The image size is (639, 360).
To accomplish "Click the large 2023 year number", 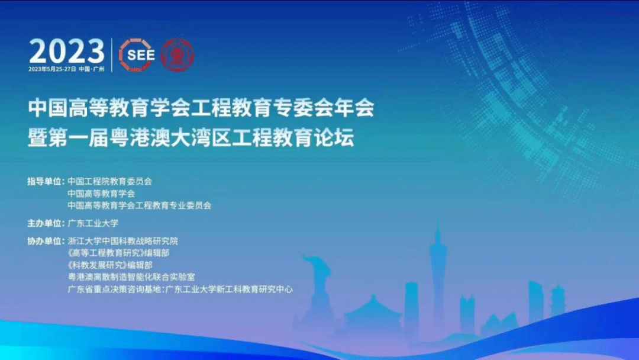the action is click(x=67, y=51).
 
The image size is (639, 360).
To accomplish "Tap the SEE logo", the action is click(x=137, y=55).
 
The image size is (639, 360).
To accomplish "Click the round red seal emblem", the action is click(x=177, y=55).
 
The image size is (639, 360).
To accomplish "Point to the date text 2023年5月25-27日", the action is click(x=52, y=69).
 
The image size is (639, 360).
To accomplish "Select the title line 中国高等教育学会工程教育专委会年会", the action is click(x=201, y=108).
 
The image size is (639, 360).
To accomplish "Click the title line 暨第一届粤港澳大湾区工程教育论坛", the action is click(x=191, y=137).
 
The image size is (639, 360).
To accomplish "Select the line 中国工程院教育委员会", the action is click(x=109, y=181).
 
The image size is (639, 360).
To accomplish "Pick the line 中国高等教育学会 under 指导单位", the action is click(x=101, y=194).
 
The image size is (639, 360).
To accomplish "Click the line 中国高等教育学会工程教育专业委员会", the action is click(x=140, y=205).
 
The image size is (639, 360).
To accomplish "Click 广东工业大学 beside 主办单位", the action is click(x=93, y=223).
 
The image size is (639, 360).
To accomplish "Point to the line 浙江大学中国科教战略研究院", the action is click(x=122, y=242).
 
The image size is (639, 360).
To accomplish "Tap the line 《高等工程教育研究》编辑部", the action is click(x=118, y=253).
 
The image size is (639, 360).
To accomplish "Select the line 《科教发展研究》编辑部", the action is click(x=110, y=265).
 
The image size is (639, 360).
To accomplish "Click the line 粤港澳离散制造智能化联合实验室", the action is click(x=131, y=277).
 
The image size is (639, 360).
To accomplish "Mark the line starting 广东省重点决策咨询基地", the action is click(x=180, y=290).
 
